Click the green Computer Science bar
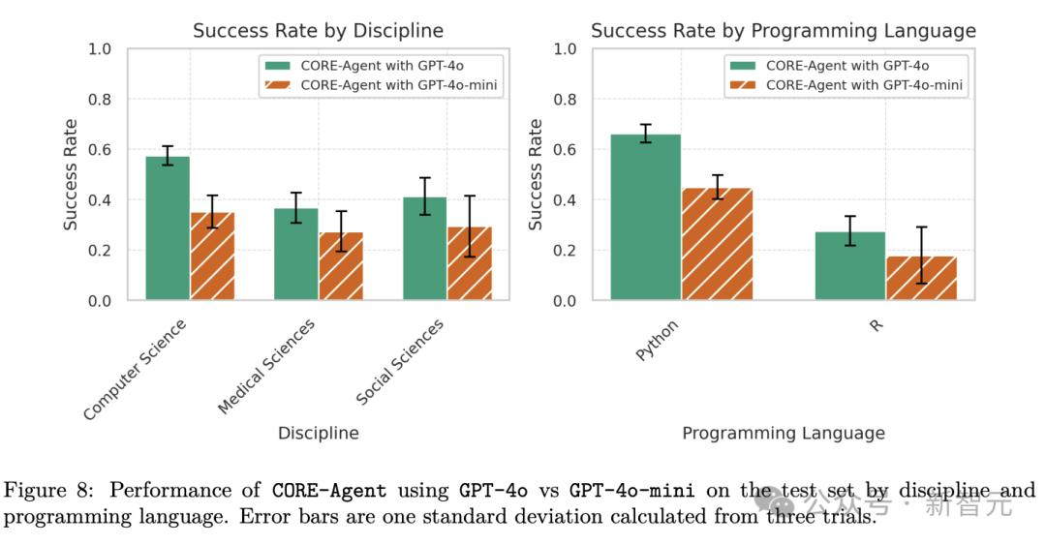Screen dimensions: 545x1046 (x=168, y=228)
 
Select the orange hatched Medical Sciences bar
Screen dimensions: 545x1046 (x=341, y=266)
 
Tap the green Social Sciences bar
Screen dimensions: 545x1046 (x=425, y=249)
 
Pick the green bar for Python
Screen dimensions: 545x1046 (x=645, y=218)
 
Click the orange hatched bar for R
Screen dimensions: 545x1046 (x=921, y=278)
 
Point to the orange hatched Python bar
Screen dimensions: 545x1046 (x=717, y=244)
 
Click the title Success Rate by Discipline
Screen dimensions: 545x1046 (x=318, y=30)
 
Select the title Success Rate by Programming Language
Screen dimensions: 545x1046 (x=783, y=30)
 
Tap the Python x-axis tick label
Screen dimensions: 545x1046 (x=658, y=340)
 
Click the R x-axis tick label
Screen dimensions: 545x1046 (x=876, y=325)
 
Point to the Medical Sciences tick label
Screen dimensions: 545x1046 (x=266, y=367)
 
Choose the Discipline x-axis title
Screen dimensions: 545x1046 (x=318, y=433)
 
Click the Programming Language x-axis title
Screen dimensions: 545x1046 (x=783, y=433)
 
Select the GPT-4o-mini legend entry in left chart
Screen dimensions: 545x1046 (x=405, y=85)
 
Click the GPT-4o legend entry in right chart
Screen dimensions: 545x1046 (x=846, y=66)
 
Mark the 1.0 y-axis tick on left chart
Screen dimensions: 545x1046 (x=100, y=49)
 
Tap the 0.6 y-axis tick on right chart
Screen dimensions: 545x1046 (x=565, y=150)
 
